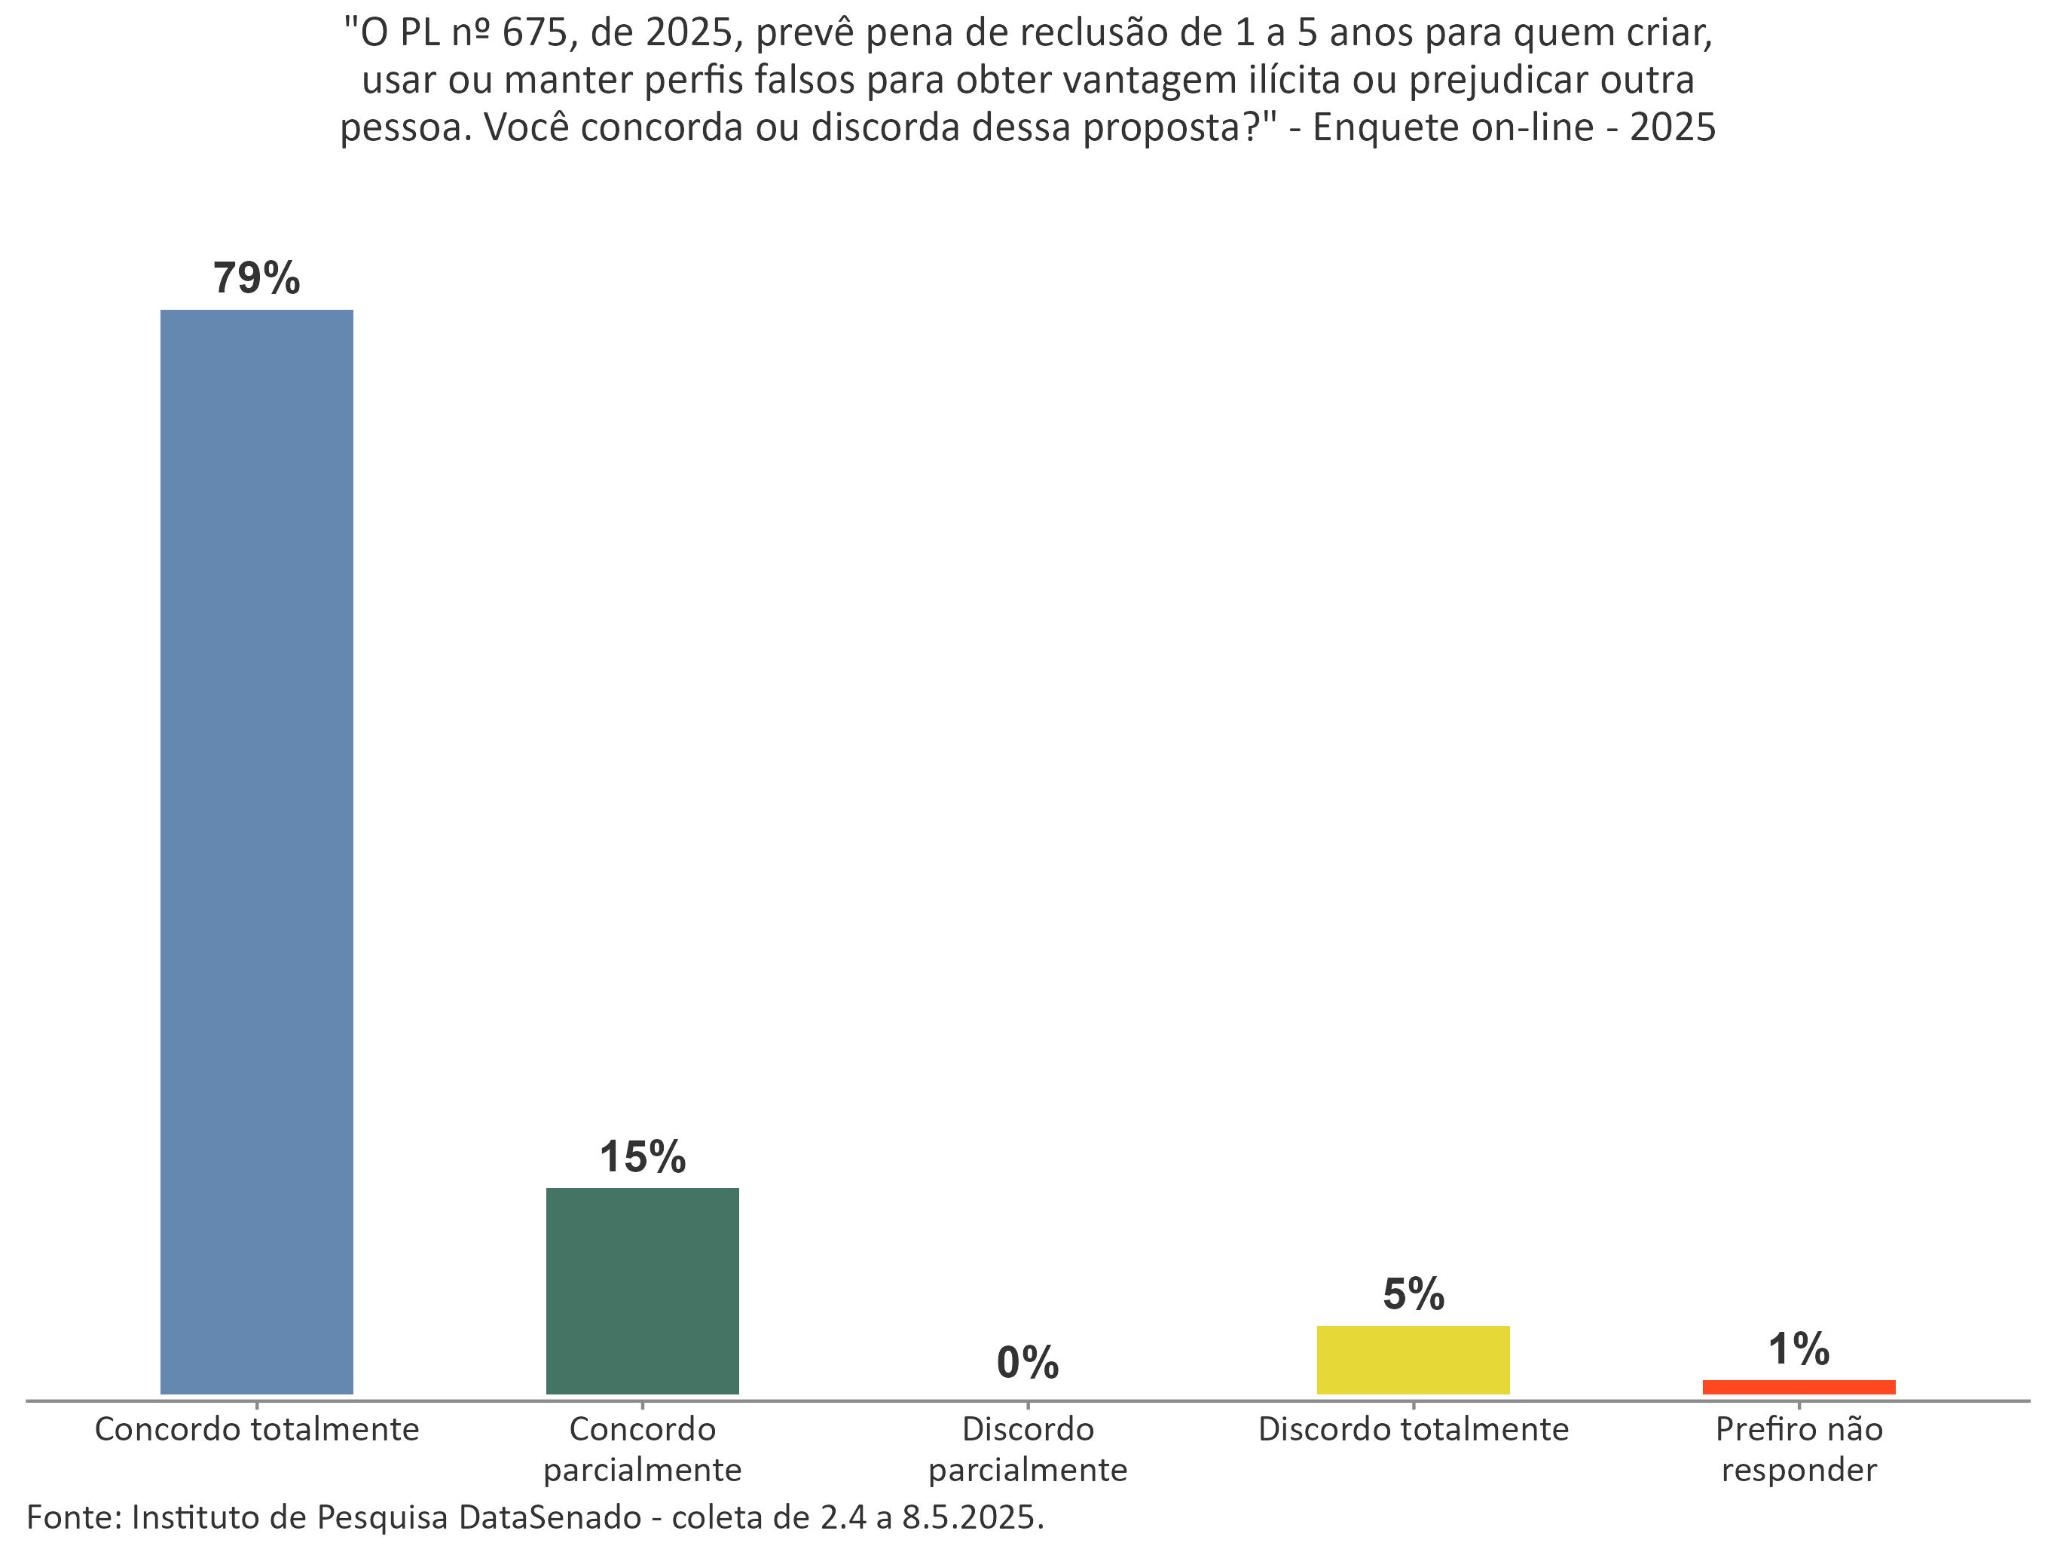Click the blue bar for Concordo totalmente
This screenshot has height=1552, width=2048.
click(256, 851)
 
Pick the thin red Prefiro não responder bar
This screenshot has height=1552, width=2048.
click(1798, 1387)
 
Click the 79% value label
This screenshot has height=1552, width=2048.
click(256, 278)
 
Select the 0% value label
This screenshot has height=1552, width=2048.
click(1028, 1363)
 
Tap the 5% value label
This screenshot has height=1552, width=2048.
click(1413, 1294)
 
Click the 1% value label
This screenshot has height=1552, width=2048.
click(1798, 1349)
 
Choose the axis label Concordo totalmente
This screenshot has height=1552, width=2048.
click(256, 1430)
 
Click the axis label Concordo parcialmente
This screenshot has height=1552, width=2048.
click(642, 1449)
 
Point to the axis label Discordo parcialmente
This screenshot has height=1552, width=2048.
click(1028, 1449)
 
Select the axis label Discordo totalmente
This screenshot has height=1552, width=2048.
click(1413, 1430)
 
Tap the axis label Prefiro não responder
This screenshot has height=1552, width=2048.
click(1798, 1449)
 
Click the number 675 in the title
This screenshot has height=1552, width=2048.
click(534, 34)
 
